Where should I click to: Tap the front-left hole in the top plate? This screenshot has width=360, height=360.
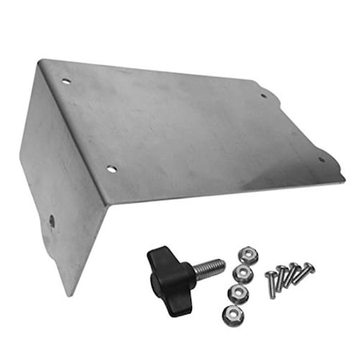click(111, 170)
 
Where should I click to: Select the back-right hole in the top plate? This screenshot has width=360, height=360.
click(263, 96)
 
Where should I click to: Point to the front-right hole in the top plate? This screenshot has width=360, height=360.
click(322, 158)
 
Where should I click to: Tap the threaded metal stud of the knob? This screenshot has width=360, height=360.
click(210, 266)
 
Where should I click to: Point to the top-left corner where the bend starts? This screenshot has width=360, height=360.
click(42, 60)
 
